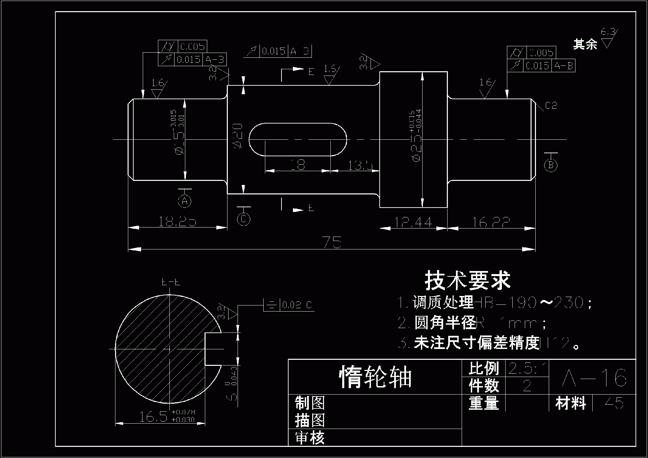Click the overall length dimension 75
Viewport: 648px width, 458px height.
pos(332,242)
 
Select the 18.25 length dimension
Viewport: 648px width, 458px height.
pos(177,221)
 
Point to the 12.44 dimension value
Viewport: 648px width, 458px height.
pos(413,222)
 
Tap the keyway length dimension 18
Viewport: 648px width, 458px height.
pos(298,165)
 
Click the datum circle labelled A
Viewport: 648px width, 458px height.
pos(185,201)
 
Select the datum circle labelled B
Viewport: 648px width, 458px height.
pos(551,165)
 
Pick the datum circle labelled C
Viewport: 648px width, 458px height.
pos(244,219)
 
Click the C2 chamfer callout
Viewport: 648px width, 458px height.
pos(551,106)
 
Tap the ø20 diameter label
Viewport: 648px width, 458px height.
pos(238,136)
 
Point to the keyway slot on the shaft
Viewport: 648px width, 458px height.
pos(298,139)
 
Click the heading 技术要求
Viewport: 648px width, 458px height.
pos(467,280)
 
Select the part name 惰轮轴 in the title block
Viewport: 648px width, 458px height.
pos(375,377)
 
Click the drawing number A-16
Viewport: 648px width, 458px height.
pos(594,378)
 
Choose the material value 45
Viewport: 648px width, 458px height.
pos(614,403)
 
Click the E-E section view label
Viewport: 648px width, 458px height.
pos(171,282)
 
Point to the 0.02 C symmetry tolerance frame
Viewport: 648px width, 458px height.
pos(289,305)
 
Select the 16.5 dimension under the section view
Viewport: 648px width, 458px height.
pos(154,417)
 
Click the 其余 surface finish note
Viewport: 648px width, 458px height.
pos(585,44)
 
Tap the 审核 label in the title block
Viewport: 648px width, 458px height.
pos(310,438)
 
